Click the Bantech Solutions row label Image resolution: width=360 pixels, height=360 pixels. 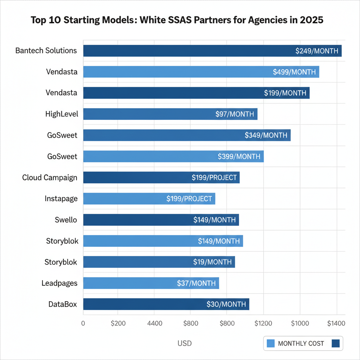click(46, 51)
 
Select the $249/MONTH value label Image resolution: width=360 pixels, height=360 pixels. click(317, 51)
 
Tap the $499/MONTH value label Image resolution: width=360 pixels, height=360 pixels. click(294, 72)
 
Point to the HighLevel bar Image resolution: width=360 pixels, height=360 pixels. click(170, 114)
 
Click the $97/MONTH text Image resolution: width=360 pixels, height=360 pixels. click(234, 114)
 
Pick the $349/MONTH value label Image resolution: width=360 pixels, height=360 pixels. click(266, 135)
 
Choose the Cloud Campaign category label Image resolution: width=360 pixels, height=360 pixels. click(50, 178)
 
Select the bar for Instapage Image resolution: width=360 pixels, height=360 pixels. click(149, 199)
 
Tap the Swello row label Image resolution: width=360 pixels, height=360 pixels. click(66, 220)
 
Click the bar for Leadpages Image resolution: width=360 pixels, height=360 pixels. click(151, 283)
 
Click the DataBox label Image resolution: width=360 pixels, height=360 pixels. click(63, 304)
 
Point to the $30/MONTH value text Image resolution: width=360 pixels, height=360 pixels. click(226, 304)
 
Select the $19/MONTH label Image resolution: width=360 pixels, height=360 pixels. click(212, 262)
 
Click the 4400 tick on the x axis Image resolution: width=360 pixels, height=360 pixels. click(153, 323)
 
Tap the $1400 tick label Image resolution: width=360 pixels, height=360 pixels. click(336, 323)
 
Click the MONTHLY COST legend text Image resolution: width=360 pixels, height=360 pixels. click(301, 343)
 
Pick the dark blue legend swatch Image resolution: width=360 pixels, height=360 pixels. click(336, 343)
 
